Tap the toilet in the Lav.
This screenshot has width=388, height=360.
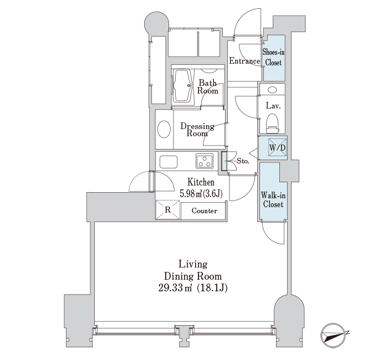tap(273, 124)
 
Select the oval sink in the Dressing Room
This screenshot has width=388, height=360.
tap(164, 129)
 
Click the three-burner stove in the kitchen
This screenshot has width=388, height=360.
tap(205, 161)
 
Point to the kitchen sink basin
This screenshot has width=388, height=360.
tap(169, 162)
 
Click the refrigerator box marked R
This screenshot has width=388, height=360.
tap(167, 210)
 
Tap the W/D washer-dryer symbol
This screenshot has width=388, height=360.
tap(277, 148)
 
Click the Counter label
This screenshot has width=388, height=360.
tap(204, 211)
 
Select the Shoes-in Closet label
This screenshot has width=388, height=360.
tap(273, 58)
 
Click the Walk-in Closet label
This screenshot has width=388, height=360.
tap(273, 200)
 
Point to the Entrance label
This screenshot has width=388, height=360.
tap(244, 61)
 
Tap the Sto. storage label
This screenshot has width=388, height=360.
tap(243, 161)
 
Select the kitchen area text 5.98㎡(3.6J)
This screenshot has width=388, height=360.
tap(201, 194)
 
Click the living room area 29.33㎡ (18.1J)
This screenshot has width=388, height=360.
tap(193, 288)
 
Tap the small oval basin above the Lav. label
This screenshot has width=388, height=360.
tap(272, 90)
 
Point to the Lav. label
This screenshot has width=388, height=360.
tap(273, 106)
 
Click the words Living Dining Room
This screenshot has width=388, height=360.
tap(193, 270)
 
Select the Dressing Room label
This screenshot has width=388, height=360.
tap(197, 130)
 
